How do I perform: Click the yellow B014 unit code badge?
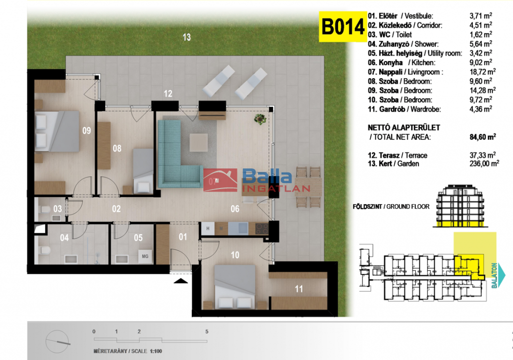pyautogui.click(x=343, y=27)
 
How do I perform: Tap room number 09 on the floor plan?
pyautogui.click(x=86, y=131)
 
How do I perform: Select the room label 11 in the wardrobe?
pyautogui.click(x=299, y=289)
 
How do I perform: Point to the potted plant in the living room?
pyautogui.click(x=260, y=119)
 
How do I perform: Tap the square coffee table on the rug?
pyautogui.click(x=198, y=142)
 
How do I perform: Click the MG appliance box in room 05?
pyautogui.click(x=145, y=256)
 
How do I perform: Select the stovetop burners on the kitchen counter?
pyautogui.click(x=262, y=228)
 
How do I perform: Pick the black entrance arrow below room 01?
pyautogui.click(x=180, y=280)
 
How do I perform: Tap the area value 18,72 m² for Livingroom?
pyautogui.click(x=482, y=72)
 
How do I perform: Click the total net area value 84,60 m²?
pyautogui.click(x=482, y=137)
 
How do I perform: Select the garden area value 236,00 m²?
pyautogui.click(x=484, y=163)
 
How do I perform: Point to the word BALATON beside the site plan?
pyautogui.click(x=494, y=275)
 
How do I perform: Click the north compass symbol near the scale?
pyautogui.click(x=58, y=341)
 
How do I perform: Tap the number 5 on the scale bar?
pyautogui.click(x=207, y=331)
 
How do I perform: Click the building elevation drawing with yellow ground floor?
pyautogui.click(x=460, y=206)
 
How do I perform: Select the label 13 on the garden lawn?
pyautogui.click(x=186, y=37)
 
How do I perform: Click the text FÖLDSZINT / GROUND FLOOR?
pyautogui.click(x=391, y=207)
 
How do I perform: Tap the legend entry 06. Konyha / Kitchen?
pyautogui.click(x=401, y=63)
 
